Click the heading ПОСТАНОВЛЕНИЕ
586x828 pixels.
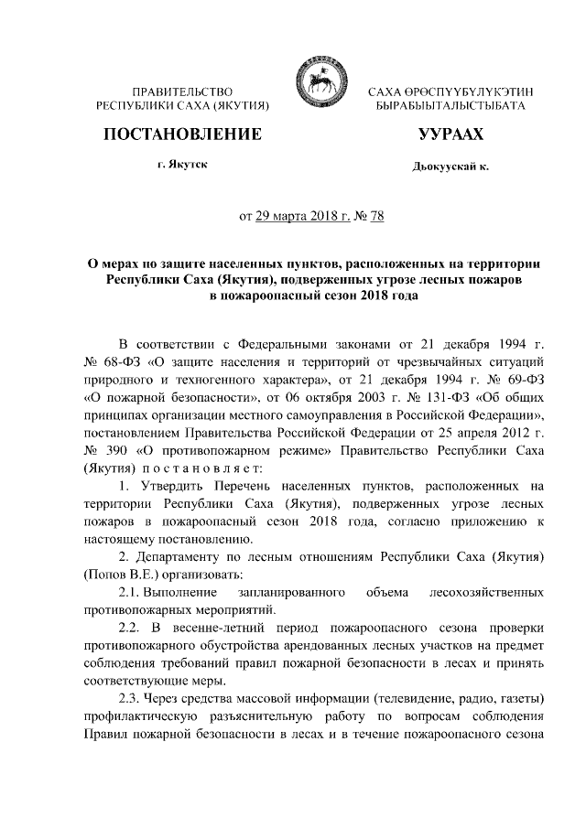[181, 135]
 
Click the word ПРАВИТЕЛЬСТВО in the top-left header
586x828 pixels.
[181, 92]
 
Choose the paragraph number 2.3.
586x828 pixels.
[133, 694]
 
